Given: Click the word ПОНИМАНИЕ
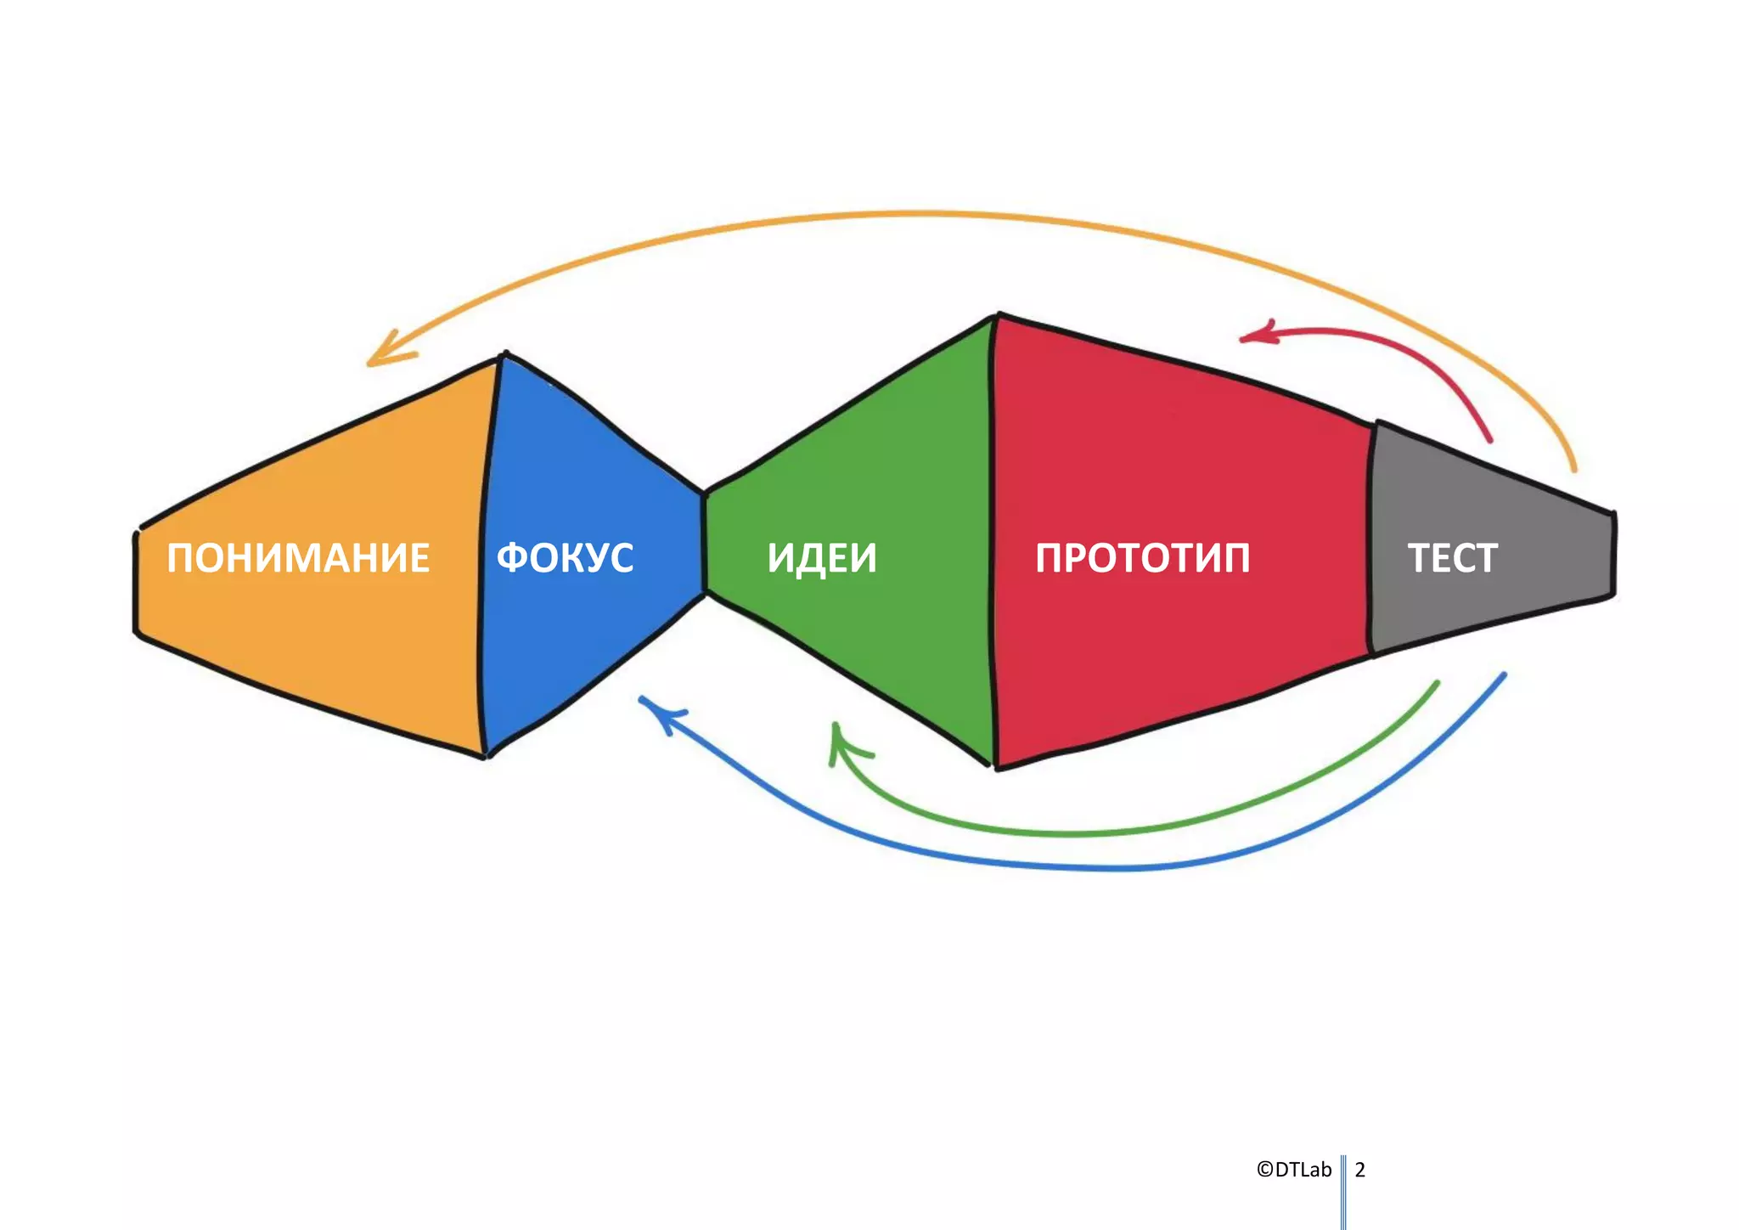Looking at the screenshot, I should pyautogui.click(x=298, y=558).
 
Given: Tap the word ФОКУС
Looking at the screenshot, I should pyautogui.click(x=565, y=558).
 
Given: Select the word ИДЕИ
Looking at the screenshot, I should pyautogui.click(x=821, y=558).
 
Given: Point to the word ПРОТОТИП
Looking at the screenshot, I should pyautogui.click(x=1142, y=558).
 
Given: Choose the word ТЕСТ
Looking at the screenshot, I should pyautogui.click(x=1452, y=558).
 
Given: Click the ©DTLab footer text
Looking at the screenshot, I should pyautogui.click(x=1293, y=1170).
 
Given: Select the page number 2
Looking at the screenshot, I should pyautogui.click(x=1359, y=1170).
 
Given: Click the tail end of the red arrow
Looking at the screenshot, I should pyautogui.click(x=1489, y=439).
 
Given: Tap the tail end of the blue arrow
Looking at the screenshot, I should pyautogui.click(x=1503, y=675).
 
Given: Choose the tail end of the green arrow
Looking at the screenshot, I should pyautogui.click(x=1437, y=683).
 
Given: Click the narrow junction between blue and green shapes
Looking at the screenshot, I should pyautogui.click(x=704, y=544).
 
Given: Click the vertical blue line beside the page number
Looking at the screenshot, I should pyautogui.click(x=1343, y=1189).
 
